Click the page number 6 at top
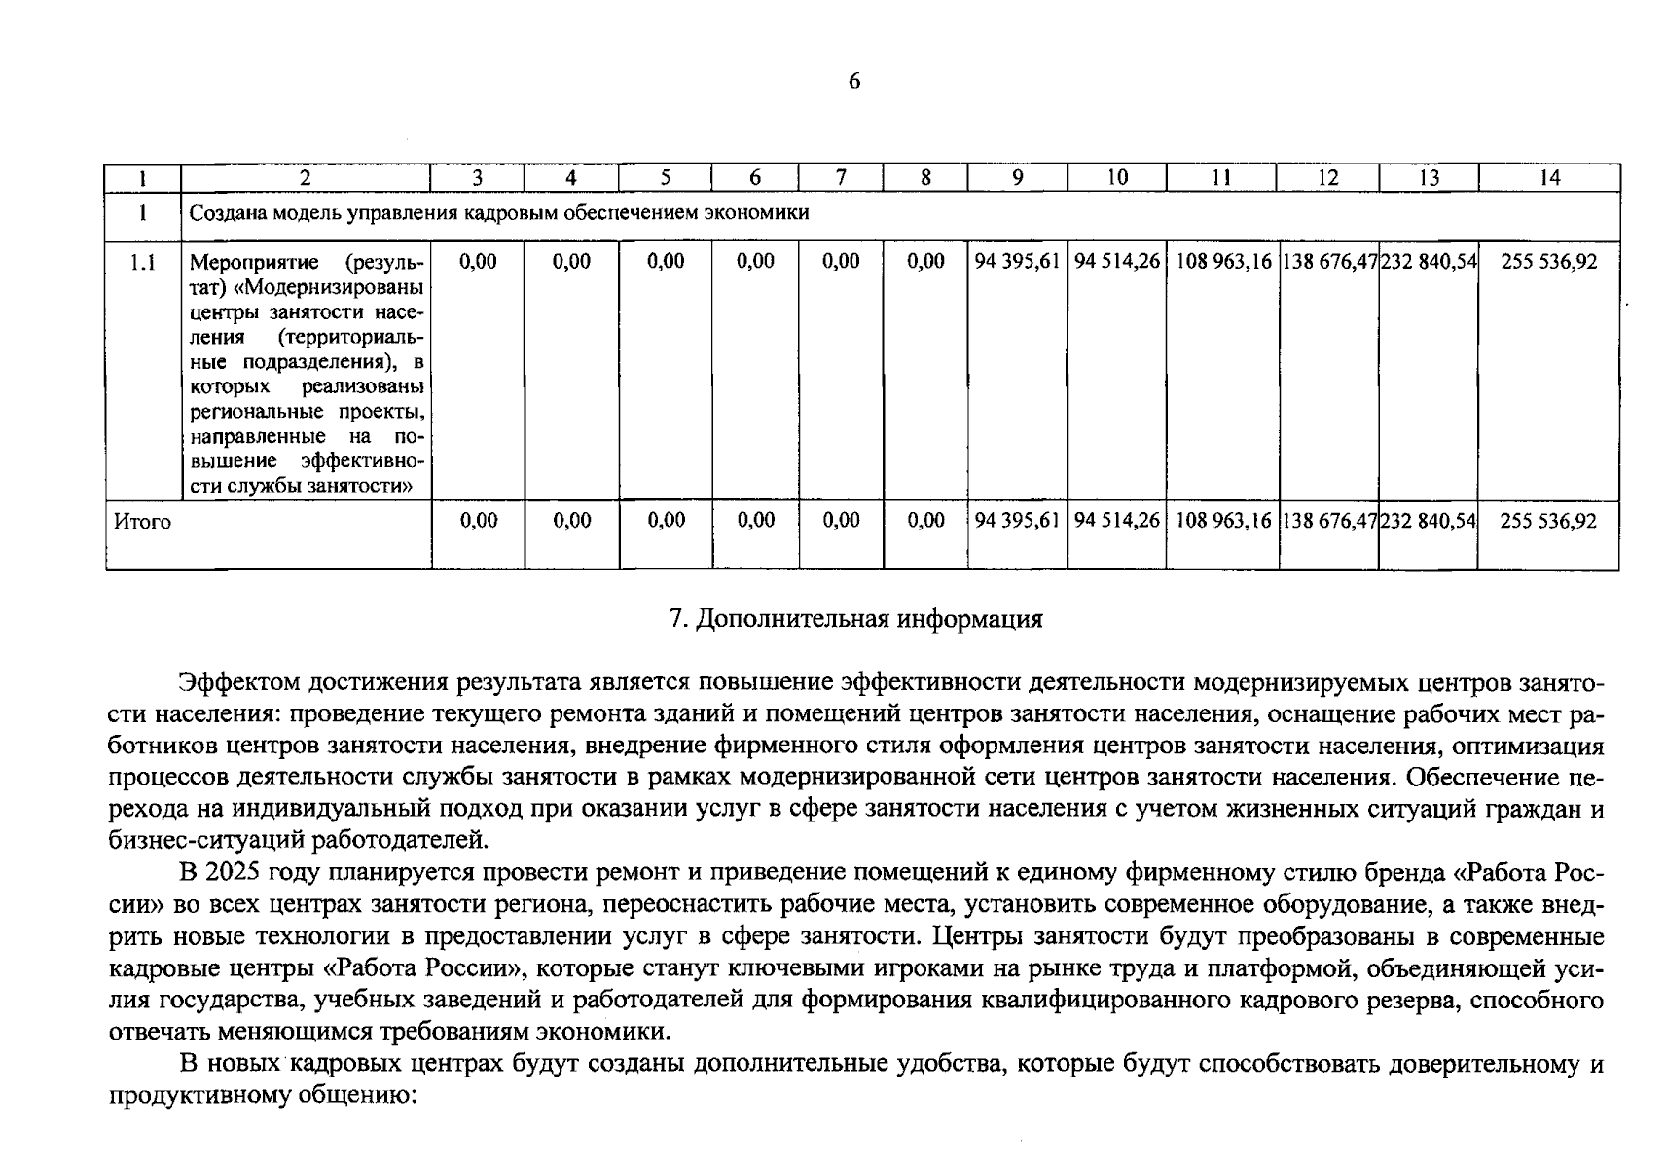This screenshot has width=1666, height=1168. click(853, 81)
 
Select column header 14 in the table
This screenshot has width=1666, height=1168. click(1549, 177)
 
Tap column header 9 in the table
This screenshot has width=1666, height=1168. click(1017, 177)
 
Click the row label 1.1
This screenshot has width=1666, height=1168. click(142, 262)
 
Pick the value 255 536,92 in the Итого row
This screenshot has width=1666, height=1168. click(1548, 521)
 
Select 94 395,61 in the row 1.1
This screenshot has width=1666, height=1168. click(1017, 261)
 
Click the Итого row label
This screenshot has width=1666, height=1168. click(142, 522)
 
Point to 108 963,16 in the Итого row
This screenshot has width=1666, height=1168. click(1223, 521)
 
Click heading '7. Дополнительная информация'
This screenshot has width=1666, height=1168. click(856, 619)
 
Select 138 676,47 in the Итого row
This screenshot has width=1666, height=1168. click(1328, 521)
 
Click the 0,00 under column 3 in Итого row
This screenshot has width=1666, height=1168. click(478, 521)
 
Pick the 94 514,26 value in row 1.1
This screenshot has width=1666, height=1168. click(1117, 261)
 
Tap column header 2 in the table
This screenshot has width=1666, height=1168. click(306, 177)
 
